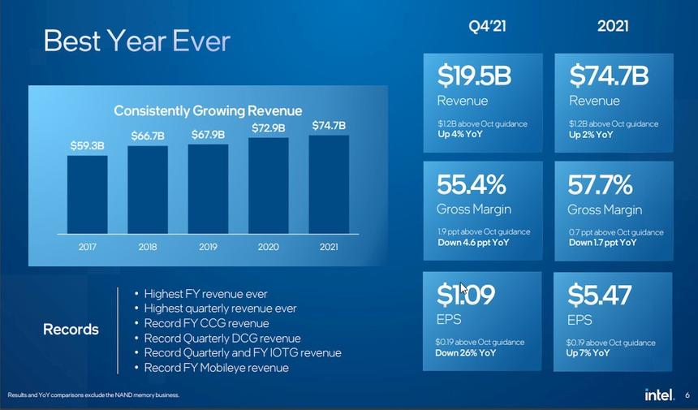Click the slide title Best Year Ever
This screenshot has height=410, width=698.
136,41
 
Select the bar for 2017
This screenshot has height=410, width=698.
87,194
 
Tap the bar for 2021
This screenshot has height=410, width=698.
329,184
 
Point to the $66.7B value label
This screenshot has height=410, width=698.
148,136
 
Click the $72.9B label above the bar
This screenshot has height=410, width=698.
269,128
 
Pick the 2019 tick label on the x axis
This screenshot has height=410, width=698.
208,246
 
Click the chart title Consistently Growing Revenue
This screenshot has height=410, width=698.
208,110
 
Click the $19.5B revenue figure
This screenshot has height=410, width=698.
474,76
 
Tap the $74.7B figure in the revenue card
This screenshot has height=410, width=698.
609,76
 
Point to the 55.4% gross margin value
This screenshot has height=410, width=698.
472,184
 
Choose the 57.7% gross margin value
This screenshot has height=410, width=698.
601,184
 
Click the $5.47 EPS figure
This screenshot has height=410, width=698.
599,295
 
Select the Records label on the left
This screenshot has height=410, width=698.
71,330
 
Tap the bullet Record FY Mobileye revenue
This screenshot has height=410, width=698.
216,368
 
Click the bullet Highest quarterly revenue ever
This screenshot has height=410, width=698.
220,309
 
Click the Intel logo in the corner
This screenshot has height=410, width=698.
658,395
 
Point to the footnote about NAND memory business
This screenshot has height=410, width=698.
93,395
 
